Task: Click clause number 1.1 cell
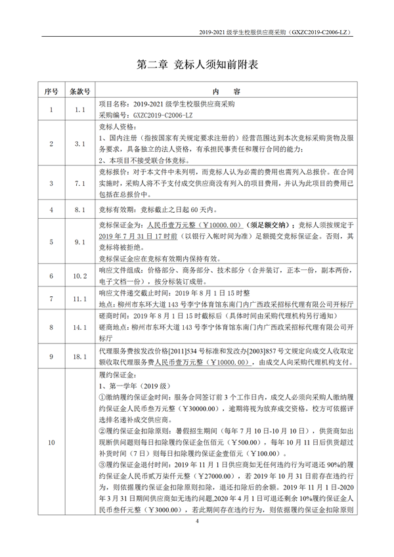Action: click(80, 110)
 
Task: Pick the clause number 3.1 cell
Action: click(80, 143)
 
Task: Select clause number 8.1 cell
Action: click(80, 210)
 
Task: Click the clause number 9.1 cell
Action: click(80, 242)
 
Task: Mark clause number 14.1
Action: click(80, 326)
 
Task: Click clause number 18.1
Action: click(80, 357)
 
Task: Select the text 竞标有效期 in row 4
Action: click(116, 210)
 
